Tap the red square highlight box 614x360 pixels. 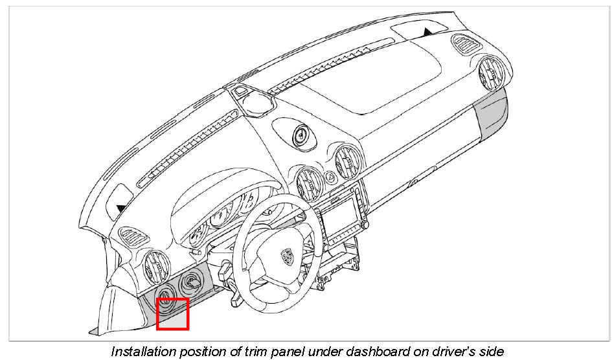click(172, 313)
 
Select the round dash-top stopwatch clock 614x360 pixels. click(302, 135)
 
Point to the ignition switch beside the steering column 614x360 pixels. click(192, 282)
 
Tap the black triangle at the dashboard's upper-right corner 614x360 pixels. click(427, 31)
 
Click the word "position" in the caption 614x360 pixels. click(204, 352)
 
